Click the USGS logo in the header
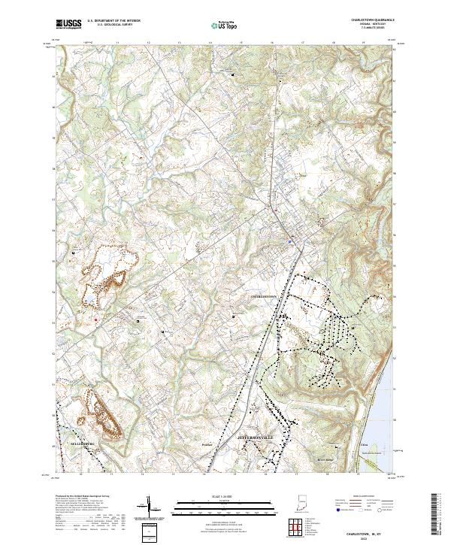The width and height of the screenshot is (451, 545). pyautogui.click(x=68, y=24)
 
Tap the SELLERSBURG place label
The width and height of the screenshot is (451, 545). pyautogui.click(x=65, y=444)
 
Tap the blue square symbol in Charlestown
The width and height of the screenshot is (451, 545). pyautogui.click(x=290, y=241)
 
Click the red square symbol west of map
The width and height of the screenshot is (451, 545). pyautogui.click(x=96, y=321)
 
